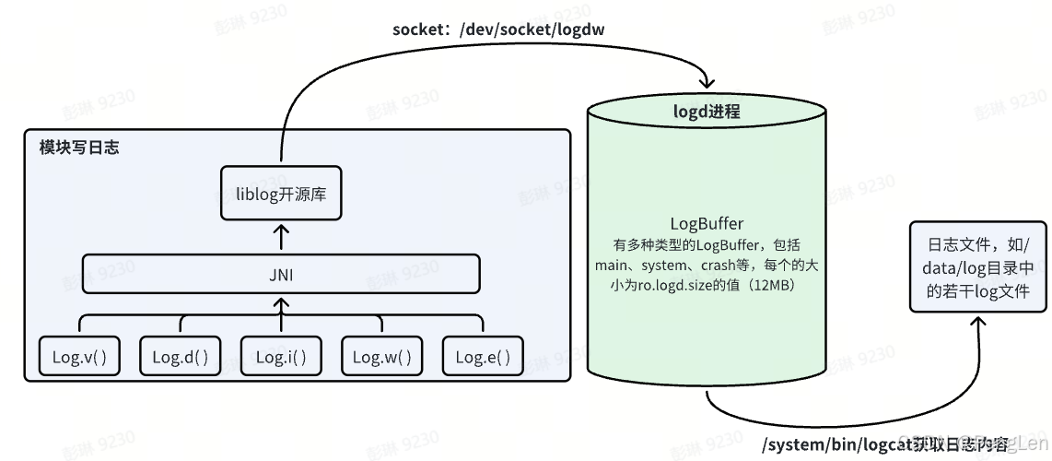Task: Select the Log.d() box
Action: click(181, 357)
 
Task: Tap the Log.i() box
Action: click(281, 357)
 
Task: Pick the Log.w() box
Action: click(382, 357)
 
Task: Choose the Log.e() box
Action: click(483, 357)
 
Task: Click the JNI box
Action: click(281, 274)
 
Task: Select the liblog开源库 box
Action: click(281, 194)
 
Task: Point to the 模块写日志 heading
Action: click(78, 148)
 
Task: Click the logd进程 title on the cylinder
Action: click(707, 112)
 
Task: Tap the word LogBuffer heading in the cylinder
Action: click(707, 223)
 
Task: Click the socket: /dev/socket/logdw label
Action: click(498, 30)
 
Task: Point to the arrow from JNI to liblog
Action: click(282, 237)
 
